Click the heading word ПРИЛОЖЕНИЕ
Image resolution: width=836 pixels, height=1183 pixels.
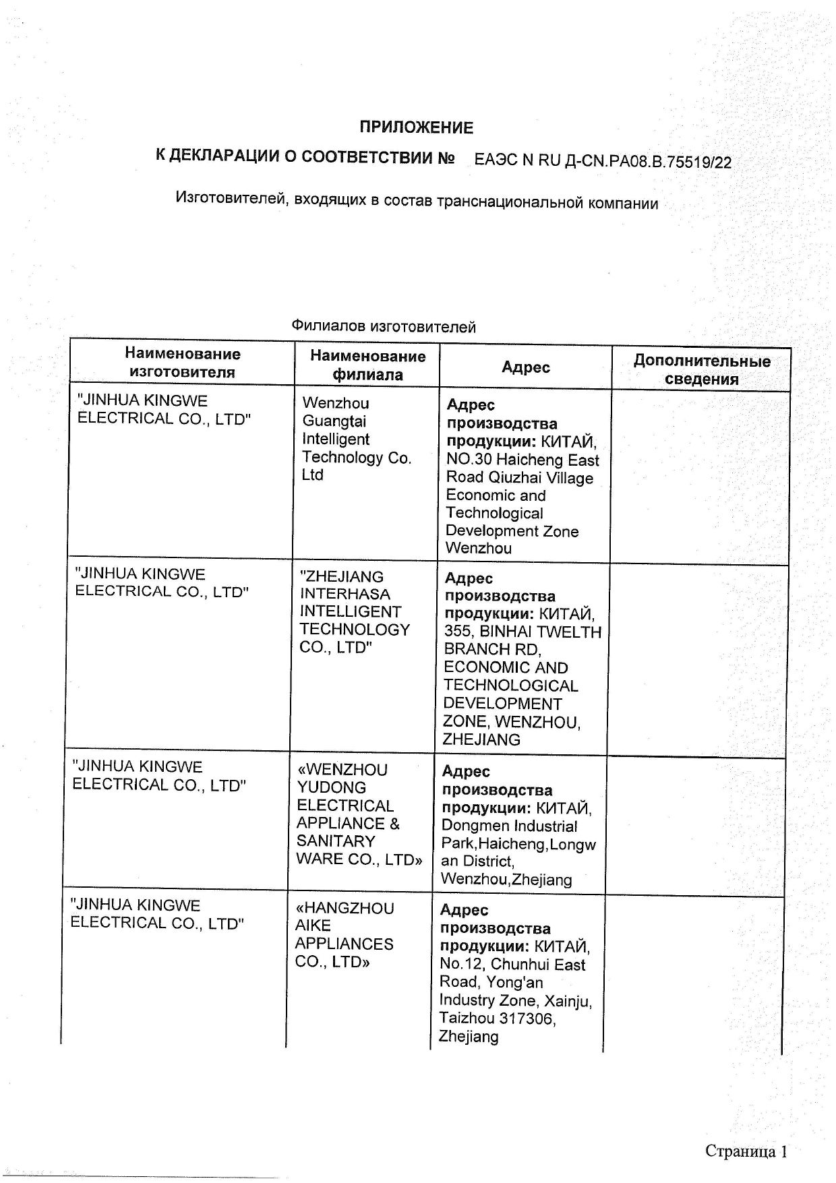(416, 127)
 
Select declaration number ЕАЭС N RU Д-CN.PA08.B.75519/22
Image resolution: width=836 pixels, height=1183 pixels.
(603, 160)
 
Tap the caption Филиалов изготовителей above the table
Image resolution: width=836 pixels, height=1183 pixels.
(384, 327)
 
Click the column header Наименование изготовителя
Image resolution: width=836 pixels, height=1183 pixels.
(182, 363)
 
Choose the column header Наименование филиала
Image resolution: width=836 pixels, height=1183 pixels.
(367, 365)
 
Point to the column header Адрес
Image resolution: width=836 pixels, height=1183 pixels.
(526, 367)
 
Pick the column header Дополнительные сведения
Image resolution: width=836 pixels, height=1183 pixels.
(701, 369)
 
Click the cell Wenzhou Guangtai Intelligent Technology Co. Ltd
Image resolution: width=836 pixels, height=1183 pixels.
(356, 439)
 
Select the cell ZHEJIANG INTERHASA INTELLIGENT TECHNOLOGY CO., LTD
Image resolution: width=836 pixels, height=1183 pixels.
(354, 611)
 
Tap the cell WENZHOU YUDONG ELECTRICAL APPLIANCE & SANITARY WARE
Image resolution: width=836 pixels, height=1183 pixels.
(359, 814)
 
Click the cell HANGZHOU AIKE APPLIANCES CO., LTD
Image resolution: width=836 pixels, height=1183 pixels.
(344, 935)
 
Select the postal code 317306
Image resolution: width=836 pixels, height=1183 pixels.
(525, 1019)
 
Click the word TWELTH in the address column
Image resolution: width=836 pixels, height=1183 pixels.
(569, 632)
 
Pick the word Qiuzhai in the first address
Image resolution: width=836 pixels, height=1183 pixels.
(525, 478)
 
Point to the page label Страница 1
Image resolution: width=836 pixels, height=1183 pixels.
(746, 1151)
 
